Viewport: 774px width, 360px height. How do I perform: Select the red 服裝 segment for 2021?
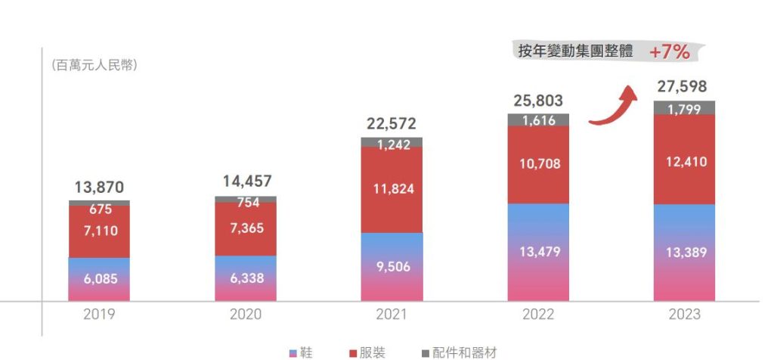point(392,189)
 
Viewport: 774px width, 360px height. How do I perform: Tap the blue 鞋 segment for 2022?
point(537,252)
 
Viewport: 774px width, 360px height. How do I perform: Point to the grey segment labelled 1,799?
point(684,108)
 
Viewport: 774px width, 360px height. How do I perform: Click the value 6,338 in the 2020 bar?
point(245,278)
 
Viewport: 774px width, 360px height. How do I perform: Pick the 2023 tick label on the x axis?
point(684,314)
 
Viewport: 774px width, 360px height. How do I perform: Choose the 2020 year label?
point(245,314)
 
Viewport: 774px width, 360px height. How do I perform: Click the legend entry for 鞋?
point(301,352)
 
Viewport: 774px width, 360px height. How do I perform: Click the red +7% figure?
point(669,51)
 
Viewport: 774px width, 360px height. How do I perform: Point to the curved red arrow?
point(613,106)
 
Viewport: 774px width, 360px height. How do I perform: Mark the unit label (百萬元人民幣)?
point(94,65)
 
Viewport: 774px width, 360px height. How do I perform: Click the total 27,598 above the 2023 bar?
point(683,86)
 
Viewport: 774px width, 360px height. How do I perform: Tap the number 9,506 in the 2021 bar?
point(392,265)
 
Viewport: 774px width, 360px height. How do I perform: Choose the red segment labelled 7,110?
point(99,231)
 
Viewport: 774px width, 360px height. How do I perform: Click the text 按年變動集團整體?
point(576,51)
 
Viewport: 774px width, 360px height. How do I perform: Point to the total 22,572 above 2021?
point(392,124)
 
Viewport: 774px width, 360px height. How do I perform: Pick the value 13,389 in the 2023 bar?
point(684,252)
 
